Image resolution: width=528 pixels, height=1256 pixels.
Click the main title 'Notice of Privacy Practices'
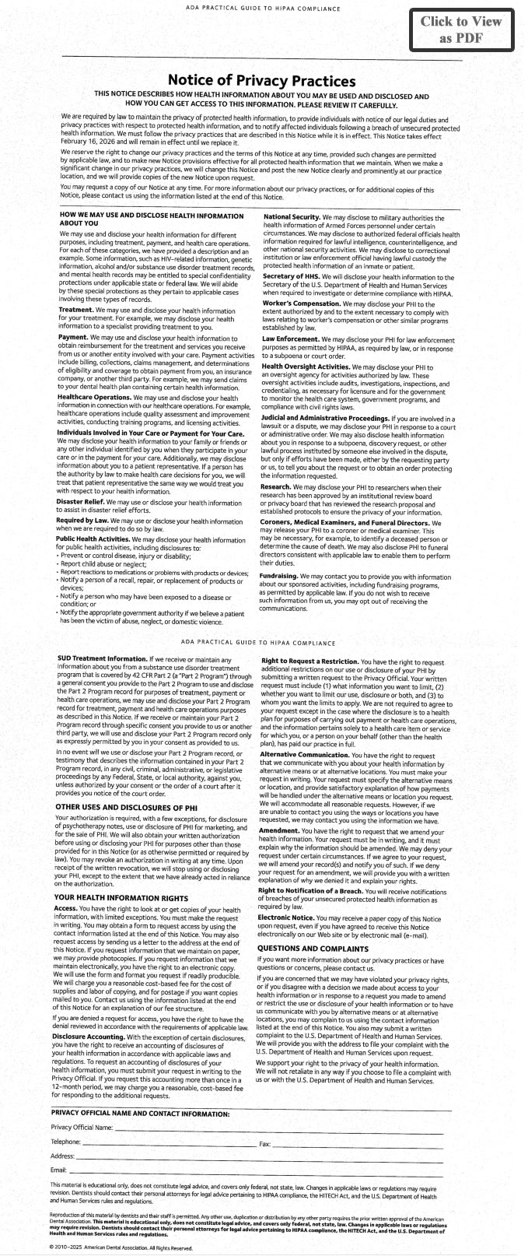[262, 81]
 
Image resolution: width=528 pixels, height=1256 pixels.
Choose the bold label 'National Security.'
[292, 215]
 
